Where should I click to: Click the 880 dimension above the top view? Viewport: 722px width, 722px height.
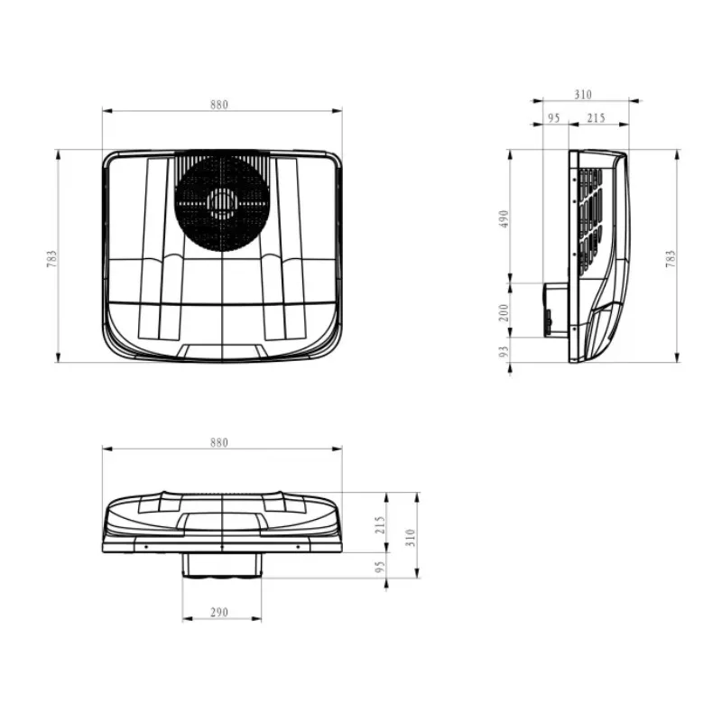pos(219,105)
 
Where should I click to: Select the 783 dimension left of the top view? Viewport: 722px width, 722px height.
pos(51,259)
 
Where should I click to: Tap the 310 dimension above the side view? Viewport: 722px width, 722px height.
pos(583,95)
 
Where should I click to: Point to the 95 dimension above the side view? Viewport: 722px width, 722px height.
pos(554,118)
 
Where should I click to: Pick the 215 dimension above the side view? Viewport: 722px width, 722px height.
pos(596,118)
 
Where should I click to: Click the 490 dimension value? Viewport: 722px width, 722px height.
pos(504,219)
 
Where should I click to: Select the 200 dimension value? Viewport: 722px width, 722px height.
pos(504,312)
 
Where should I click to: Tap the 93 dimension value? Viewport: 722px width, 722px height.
pos(504,352)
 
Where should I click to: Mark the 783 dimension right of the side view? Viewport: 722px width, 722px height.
pos(671,259)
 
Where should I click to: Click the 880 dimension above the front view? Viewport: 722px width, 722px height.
pos(219,443)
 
